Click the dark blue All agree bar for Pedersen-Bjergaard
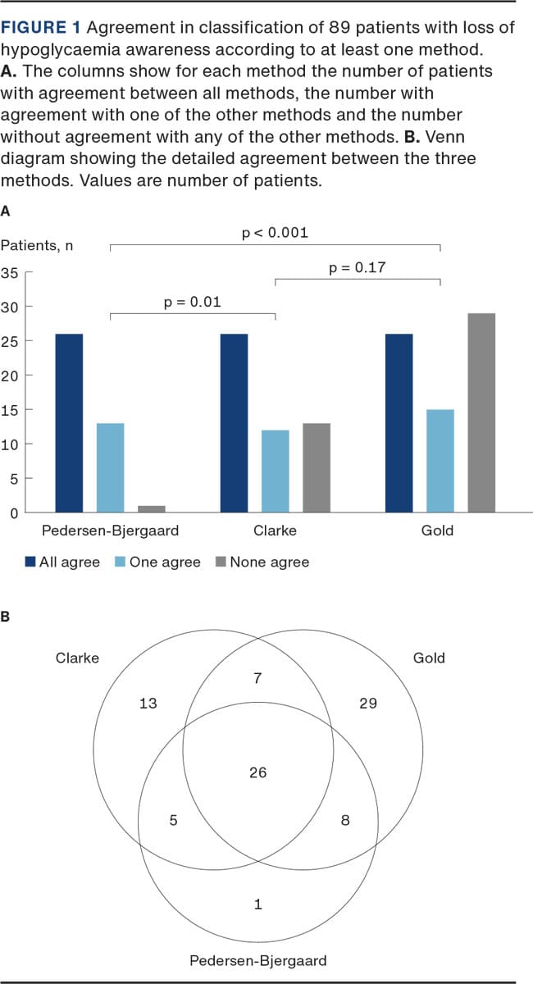pos(69,423)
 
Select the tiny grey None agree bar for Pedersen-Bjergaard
pos(152,509)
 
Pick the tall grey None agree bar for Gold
pos(481,412)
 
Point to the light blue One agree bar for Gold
pos(440,461)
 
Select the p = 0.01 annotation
pos(193,303)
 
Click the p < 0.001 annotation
pos(276,233)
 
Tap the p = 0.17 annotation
pos(357,267)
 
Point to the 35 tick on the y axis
pos(10,273)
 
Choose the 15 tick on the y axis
pos(10,410)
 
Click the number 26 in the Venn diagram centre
pos(257,772)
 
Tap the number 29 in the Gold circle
pos(367,703)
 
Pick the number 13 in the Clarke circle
pos(148,703)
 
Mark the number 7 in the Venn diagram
pos(257,678)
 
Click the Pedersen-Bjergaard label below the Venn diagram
pos(257,960)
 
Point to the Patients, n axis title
pos(36,245)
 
